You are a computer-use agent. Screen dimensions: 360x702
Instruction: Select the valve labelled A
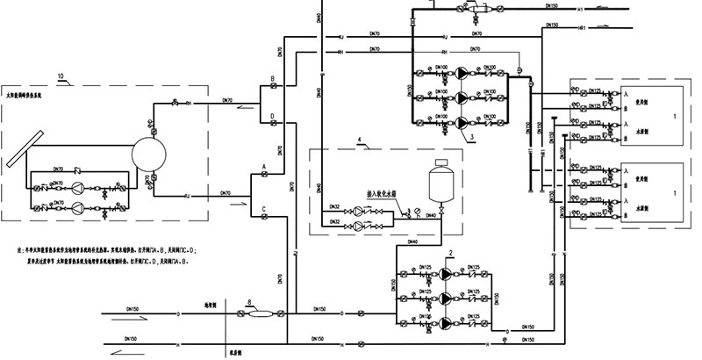263,176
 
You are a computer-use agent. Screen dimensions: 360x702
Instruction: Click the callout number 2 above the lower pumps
451,253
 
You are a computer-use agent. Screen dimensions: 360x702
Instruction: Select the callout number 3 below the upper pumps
471,137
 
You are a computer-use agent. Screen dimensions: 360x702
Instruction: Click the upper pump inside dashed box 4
362,212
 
